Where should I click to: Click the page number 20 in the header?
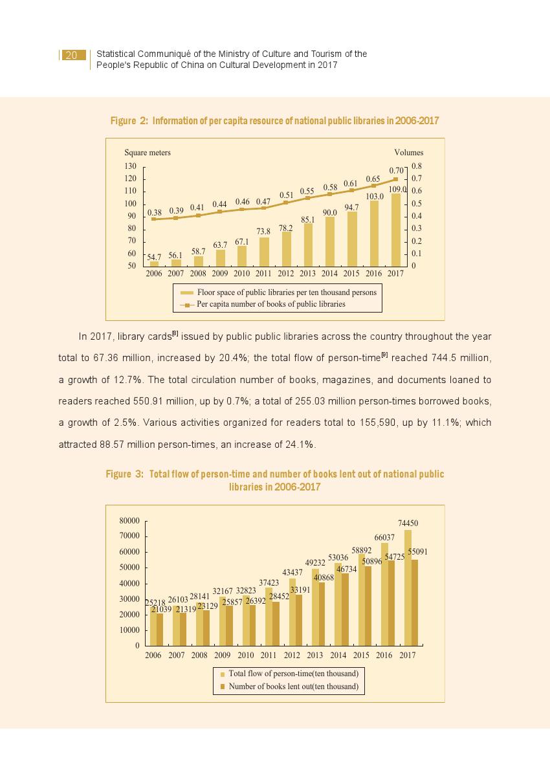(x=71, y=56)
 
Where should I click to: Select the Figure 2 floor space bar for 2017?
(x=395, y=230)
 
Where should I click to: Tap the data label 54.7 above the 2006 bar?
(x=154, y=257)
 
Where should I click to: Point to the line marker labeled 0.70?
(x=395, y=179)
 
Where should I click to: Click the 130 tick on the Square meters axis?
(x=131, y=166)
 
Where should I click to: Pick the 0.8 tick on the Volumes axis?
(x=417, y=166)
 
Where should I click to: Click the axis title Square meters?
(x=148, y=153)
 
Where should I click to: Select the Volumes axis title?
(x=409, y=153)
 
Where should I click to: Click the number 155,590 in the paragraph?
(x=405, y=423)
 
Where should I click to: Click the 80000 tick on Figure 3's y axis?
(x=129, y=520)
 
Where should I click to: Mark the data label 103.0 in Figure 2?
(x=375, y=196)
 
